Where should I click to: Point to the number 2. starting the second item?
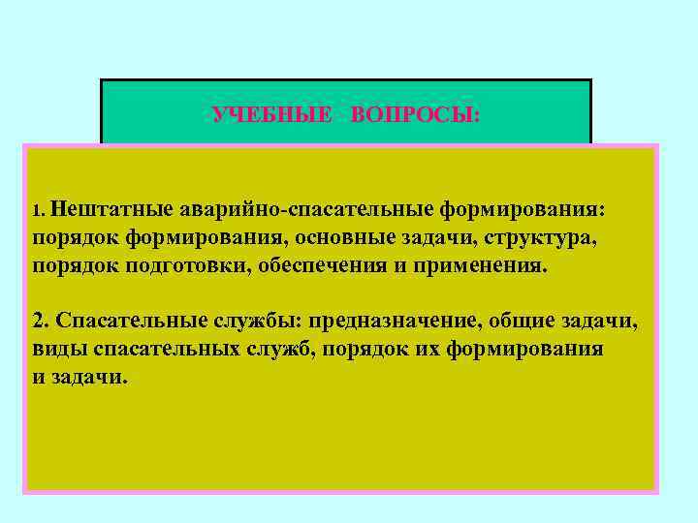tap(42, 321)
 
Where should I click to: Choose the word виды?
tap(56, 349)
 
